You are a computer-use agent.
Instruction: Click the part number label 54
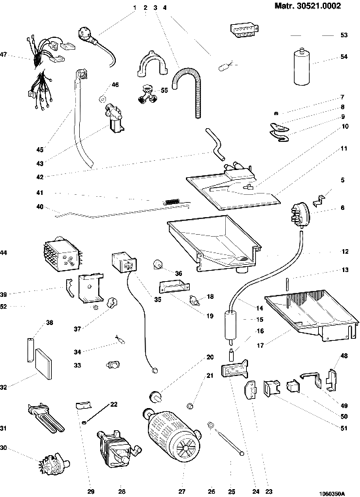[344, 57]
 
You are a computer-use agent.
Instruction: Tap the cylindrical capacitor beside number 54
[303, 67]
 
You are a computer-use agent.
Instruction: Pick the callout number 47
[3, 55]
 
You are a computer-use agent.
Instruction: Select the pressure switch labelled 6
[299, 214]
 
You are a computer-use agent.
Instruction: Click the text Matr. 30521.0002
[308, 6]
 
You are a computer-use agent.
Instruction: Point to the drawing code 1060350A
[331, 494]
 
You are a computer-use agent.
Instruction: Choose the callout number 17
[261, 345]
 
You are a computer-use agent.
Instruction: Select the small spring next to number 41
[172, 201]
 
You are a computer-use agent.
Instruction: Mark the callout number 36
[179, 273]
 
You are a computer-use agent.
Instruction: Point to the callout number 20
[210, 357]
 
